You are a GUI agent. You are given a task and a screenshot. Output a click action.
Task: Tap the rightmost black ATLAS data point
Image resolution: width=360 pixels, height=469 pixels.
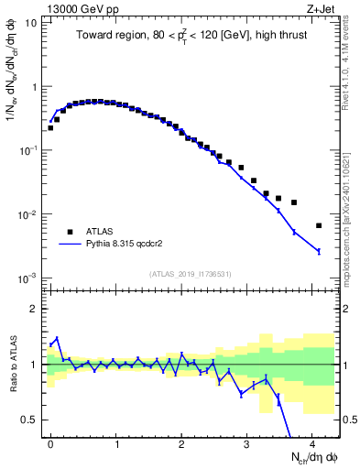318,225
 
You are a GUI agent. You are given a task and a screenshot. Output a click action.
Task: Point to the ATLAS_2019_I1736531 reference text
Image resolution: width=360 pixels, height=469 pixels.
191,273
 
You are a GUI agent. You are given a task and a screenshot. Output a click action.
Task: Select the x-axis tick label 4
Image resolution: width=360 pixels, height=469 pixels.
312,442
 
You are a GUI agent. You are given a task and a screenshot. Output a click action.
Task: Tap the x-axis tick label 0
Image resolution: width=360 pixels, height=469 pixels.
50,442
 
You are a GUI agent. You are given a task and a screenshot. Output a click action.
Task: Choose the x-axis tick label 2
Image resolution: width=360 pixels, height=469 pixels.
181,442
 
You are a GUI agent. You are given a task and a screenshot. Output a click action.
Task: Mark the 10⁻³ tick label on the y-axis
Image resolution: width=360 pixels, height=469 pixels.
29,278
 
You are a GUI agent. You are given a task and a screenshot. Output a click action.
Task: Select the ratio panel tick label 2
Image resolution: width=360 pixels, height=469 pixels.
34,309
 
